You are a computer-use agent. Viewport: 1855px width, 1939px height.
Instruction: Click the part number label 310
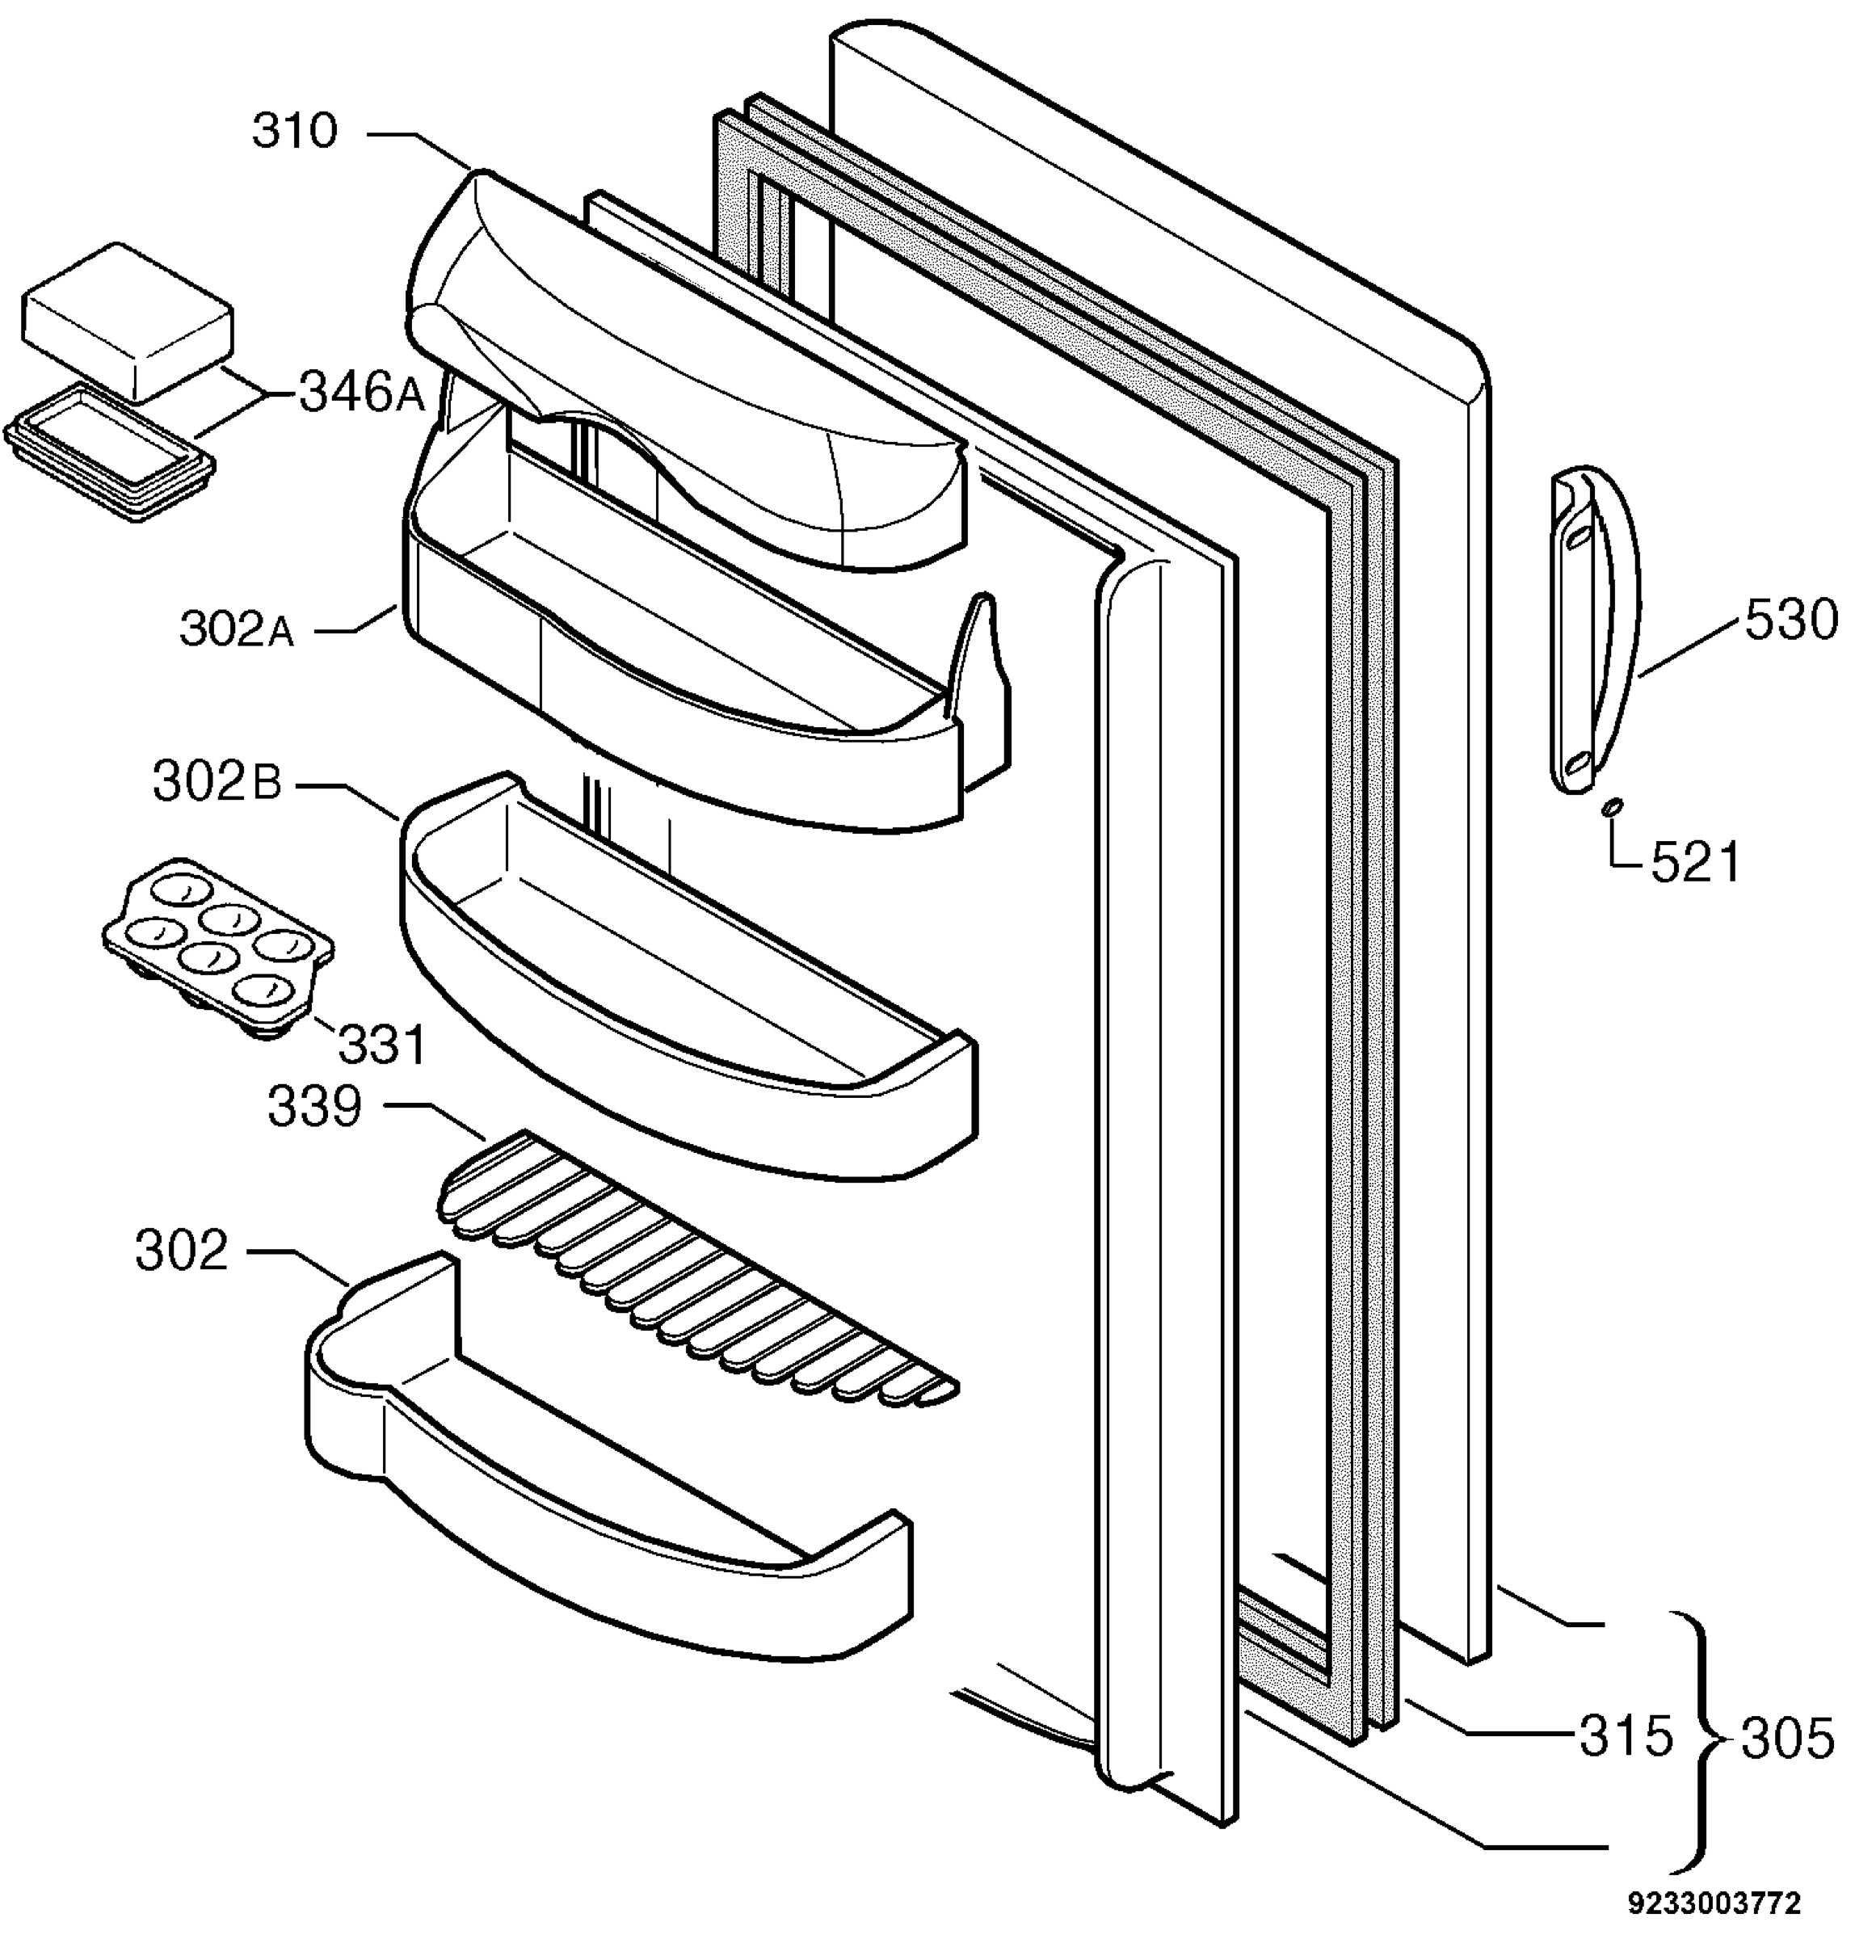pos(295,132)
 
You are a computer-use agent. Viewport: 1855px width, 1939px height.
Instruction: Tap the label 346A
pos(362,394)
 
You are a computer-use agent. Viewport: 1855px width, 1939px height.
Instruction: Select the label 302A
pos(238,629)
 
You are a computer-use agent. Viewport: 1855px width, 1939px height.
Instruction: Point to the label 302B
pos(217,784)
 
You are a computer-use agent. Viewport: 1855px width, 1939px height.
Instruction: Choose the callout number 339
pos(315,1108)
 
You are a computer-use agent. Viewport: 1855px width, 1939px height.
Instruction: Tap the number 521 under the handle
pos(1695,863)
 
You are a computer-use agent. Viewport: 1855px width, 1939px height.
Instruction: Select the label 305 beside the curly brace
pos(1788,1739)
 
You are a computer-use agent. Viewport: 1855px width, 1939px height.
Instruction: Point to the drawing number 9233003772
pos(1717,1903)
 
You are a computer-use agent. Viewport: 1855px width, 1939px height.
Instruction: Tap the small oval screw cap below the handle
pos(1612,810)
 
